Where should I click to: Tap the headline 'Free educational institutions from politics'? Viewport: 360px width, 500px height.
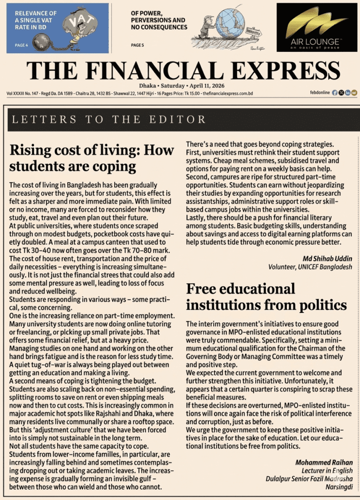[266, 297]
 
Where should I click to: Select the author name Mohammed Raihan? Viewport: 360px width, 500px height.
[324, 462]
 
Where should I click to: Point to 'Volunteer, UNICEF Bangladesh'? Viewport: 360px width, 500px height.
[310, 267]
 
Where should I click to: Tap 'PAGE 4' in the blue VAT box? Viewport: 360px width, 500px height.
[22, 45]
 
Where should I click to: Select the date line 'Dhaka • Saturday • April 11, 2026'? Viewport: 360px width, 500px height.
[180, 85]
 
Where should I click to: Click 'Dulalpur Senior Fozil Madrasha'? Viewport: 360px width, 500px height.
[309, 479]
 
